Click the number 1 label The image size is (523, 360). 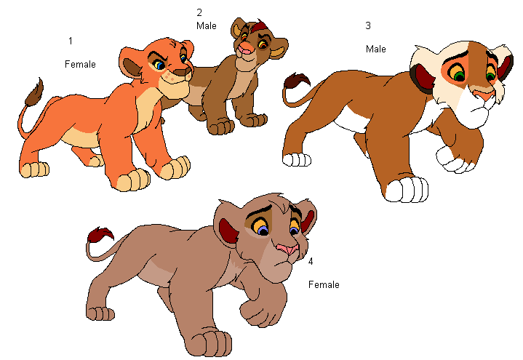tap(71, 41)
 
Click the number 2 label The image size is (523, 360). tap(199, 12)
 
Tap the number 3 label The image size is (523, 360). tap(368, 25)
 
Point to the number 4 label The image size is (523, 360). tap(311, 261)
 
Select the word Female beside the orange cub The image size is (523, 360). tap(80, 64)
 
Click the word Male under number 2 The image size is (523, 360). tap(207, 25)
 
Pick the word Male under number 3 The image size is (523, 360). tap(376, 49)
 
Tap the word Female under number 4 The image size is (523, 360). tap(324, 284)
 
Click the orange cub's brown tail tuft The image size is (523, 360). tap(34, 92)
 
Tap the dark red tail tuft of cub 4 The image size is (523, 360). tap(100, 235)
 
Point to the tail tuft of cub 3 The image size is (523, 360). tap(296, 81)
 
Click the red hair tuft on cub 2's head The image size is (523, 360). tap(260, 26)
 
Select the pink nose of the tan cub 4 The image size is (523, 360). tap(288, 249)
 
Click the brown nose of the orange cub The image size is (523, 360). tap(183, 71)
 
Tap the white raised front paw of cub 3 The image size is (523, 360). tap(455, 159)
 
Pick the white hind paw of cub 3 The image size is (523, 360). tap(297, 159)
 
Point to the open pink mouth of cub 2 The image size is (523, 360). tap(245, 51)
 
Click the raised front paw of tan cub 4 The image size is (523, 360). tap(260, 311)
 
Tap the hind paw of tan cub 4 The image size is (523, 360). tap(100, 313)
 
